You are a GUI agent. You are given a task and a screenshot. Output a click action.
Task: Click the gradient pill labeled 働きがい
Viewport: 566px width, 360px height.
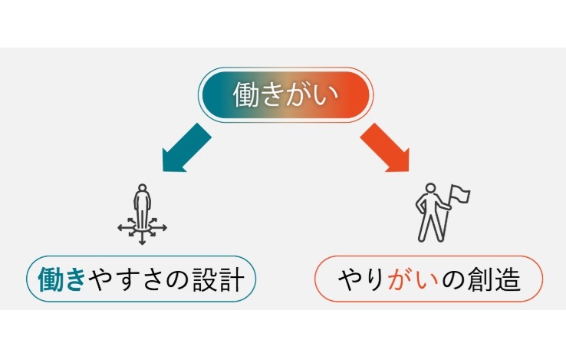coord(285,94)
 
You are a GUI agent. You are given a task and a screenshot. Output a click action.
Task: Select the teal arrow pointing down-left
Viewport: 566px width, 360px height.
coord(186,148)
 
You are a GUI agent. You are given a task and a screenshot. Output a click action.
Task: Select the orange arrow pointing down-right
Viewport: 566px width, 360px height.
coord(385,148)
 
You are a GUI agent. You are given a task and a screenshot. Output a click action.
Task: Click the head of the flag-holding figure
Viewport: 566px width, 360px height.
coord(430,188)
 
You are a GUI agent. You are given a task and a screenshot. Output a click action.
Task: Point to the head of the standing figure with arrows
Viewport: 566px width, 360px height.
coord(142,189)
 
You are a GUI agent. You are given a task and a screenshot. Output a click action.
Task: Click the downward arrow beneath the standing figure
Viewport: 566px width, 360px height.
coord(142,239)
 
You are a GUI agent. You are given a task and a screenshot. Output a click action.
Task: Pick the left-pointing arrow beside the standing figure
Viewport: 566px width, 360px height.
coord(125,228)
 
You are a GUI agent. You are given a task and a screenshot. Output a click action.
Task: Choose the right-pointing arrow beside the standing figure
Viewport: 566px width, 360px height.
coord(160,228)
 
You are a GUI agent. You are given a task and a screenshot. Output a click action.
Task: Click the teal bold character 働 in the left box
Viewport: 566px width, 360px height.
coord(50,279)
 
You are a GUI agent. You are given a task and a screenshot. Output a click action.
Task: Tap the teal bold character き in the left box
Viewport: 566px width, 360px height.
coord(74,279)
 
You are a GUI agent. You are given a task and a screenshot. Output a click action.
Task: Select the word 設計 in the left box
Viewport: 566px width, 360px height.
coord(218,279)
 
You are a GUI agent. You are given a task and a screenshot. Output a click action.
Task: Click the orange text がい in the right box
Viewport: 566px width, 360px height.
coord(413,279)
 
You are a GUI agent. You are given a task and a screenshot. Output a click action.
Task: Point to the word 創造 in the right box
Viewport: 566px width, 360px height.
coord(493,279)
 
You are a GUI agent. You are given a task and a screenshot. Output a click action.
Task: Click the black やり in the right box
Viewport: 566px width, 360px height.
coord(361,279)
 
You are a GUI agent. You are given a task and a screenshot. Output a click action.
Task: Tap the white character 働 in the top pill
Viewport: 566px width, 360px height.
coord(247,94)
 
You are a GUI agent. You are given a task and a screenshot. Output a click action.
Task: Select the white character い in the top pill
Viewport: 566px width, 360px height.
coord(326,95)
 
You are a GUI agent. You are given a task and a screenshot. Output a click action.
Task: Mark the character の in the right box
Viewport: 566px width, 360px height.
coord(453,279)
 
